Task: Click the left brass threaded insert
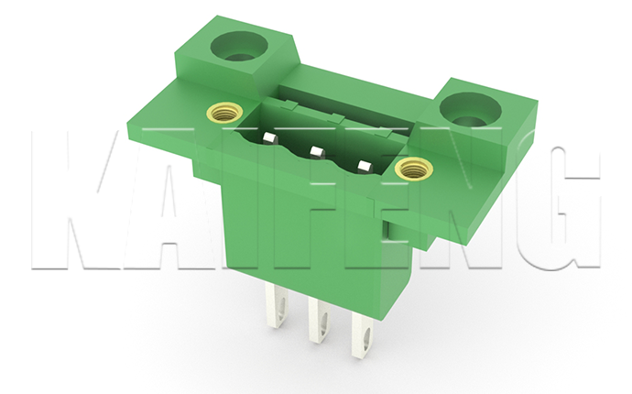[x=222, y=113]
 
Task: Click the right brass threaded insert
[x=413, y=169]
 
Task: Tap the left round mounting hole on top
[x=239, y=46]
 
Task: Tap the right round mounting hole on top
[x=471, y=109]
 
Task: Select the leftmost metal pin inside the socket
[x=270, y=138]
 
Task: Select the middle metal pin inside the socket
[x=317, y=152]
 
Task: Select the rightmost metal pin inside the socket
[x=365, y=166]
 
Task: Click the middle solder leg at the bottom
[x=320, y=321]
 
